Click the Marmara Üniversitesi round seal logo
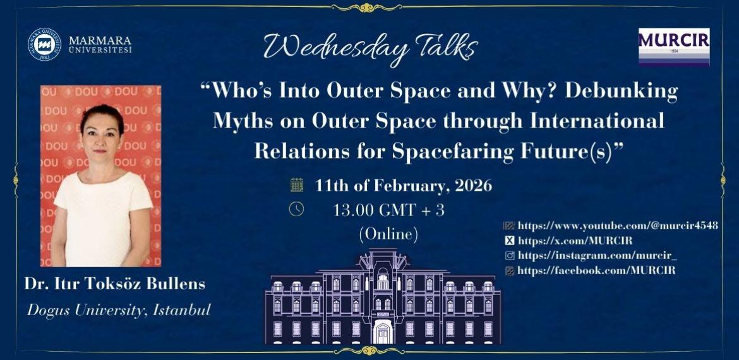44,45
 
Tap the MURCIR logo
674,46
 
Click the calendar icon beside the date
296,186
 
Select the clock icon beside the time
296,209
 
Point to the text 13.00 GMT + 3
388,210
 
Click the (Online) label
388,235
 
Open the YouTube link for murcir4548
617,225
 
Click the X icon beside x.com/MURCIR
509,241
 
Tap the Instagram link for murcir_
597,255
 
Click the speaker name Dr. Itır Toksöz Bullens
115,284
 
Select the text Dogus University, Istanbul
118,310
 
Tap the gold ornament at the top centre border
369,8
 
